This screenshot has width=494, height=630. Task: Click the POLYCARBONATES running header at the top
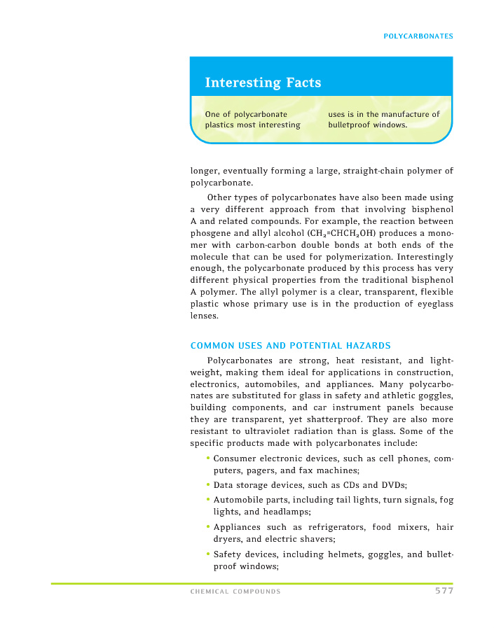418,36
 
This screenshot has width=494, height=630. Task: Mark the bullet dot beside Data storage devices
209,484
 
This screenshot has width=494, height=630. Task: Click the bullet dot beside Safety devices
209,554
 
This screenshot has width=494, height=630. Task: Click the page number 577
444,591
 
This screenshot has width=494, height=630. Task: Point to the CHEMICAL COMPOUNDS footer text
235,592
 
